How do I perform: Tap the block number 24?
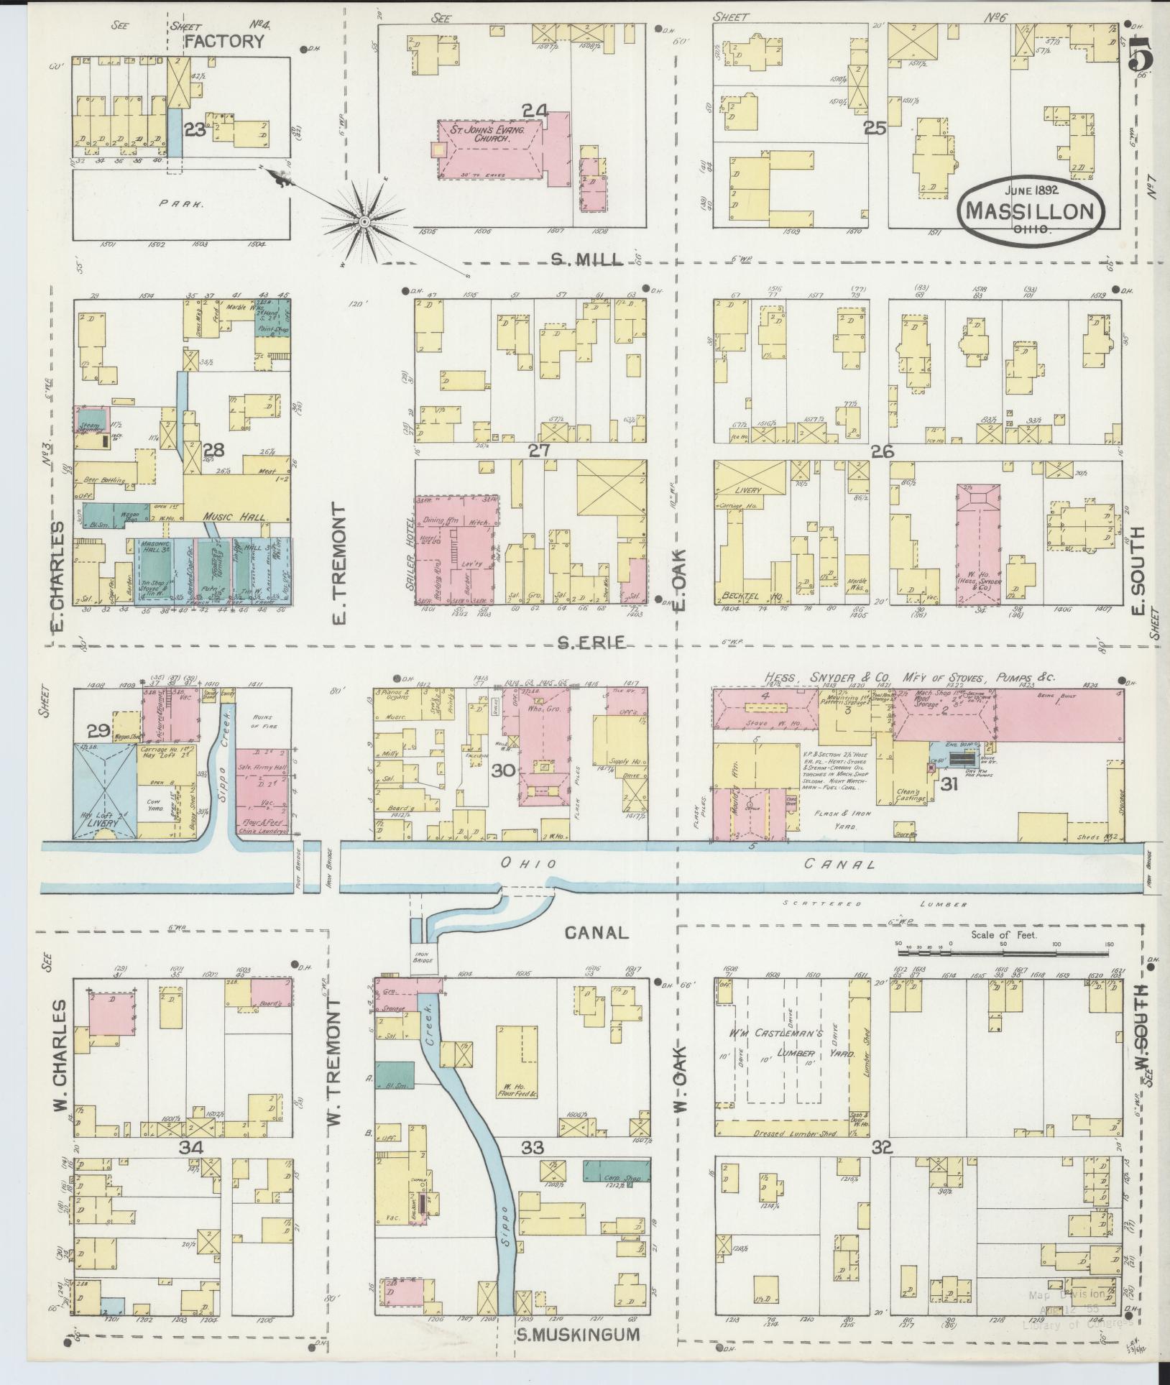535,111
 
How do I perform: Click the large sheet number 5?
1141,54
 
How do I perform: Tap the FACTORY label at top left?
224,42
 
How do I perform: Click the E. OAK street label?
680,572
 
